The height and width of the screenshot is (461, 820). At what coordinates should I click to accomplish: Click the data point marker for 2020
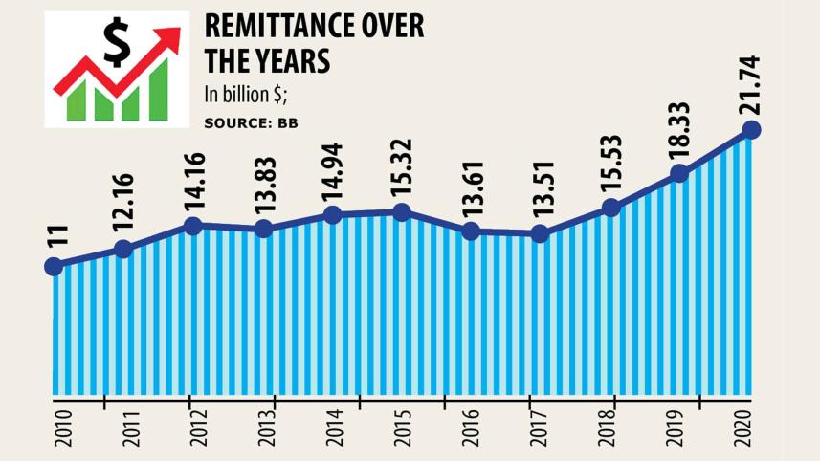(751, 130)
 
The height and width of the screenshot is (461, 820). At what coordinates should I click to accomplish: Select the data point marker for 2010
(54, 267)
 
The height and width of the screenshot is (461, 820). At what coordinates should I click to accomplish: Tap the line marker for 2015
(402, 212)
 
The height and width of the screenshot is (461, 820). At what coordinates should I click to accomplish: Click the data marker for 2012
(192, 226)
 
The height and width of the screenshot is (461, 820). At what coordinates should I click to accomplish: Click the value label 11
(54, 239)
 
